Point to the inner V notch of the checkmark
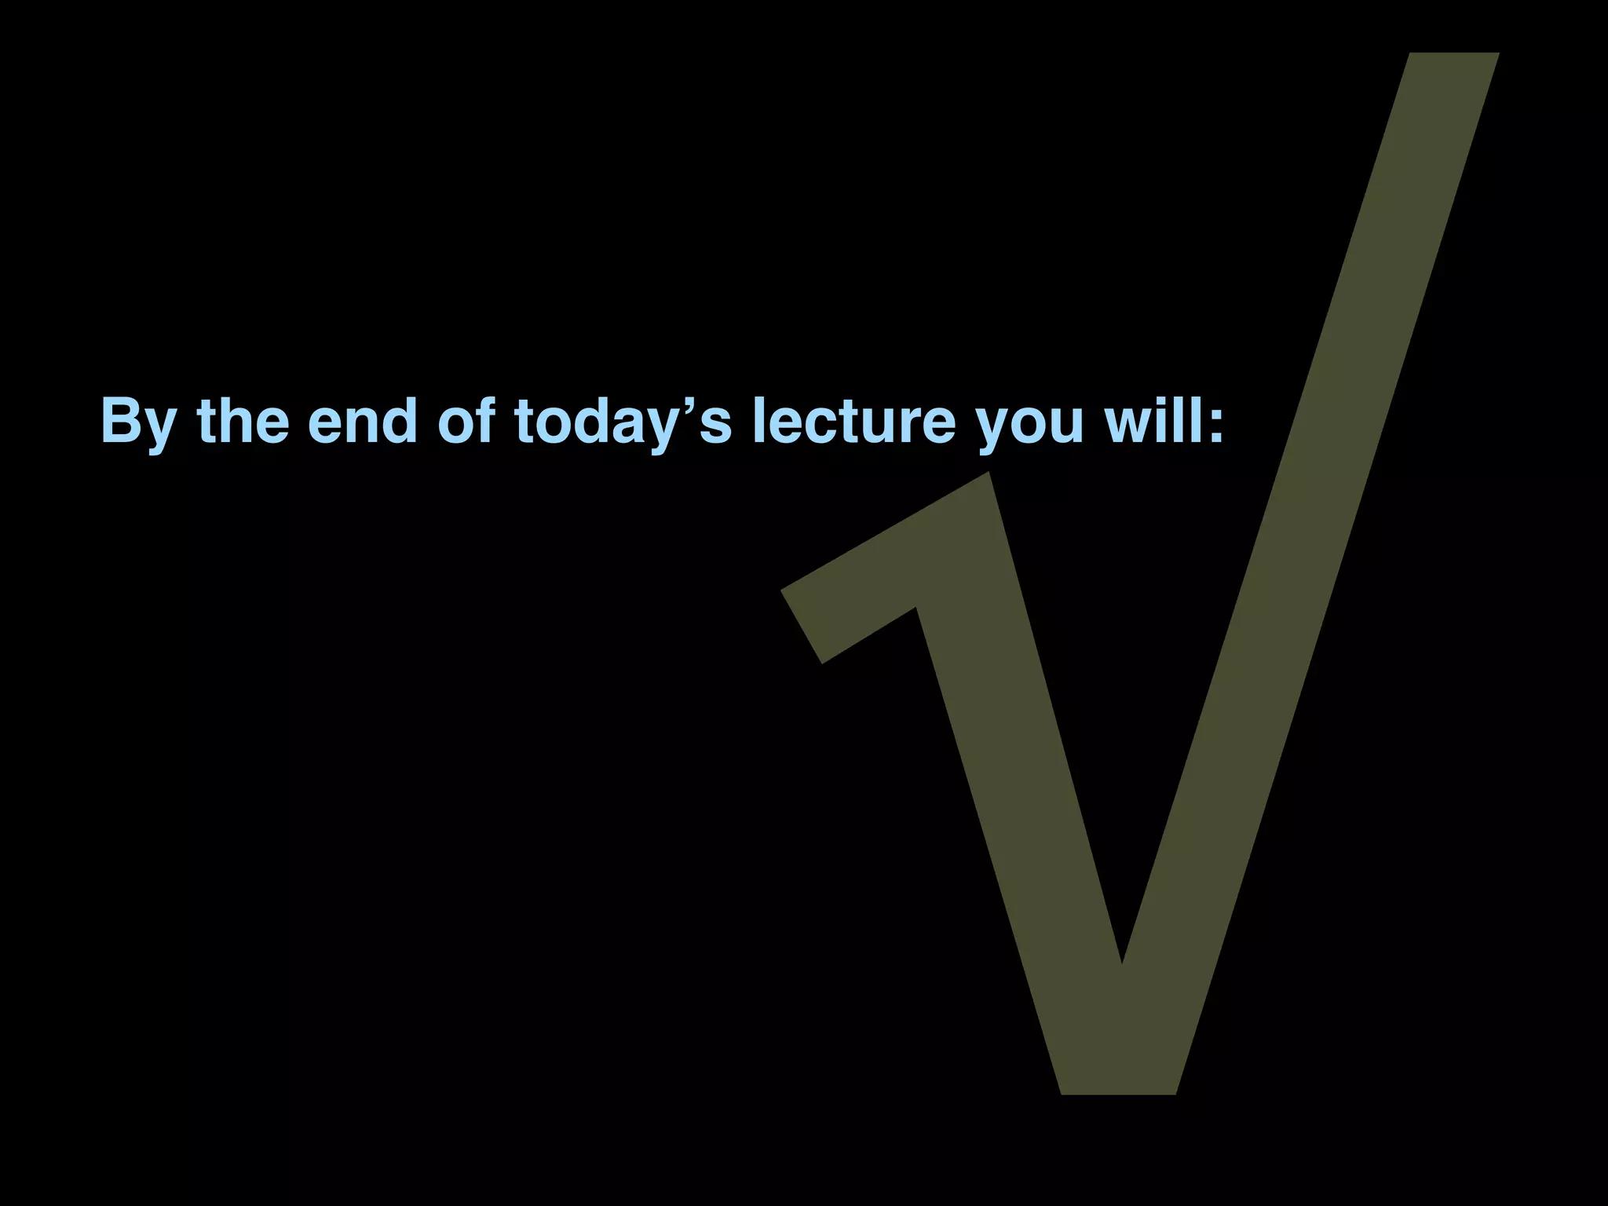coord(1122,961)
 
